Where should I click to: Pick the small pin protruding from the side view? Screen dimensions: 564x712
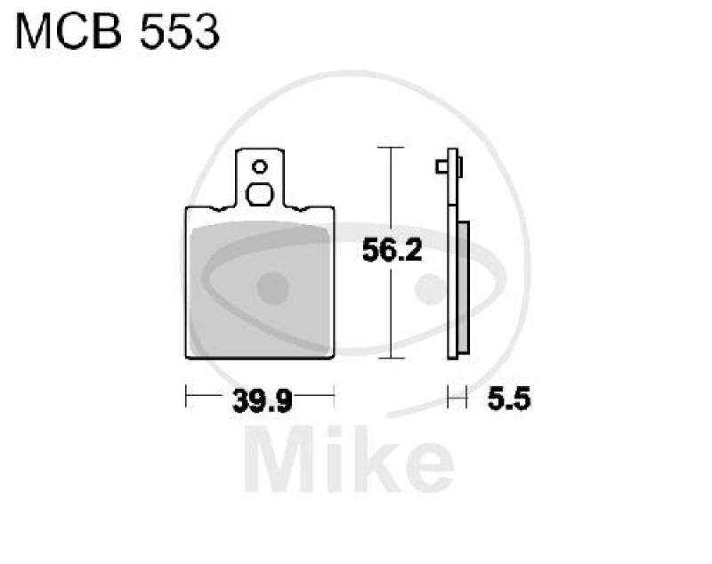(440, 167)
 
